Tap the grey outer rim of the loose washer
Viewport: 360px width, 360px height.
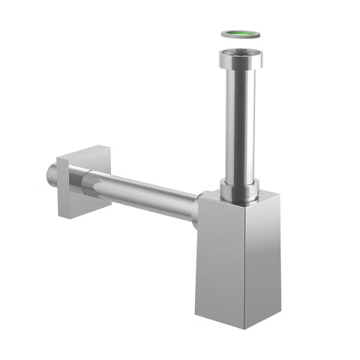pos(225,34)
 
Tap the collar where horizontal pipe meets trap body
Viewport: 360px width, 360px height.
pos(196,210)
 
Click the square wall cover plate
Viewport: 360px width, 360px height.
pos(75,184)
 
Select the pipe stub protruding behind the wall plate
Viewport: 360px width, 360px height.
pos(50,175)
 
